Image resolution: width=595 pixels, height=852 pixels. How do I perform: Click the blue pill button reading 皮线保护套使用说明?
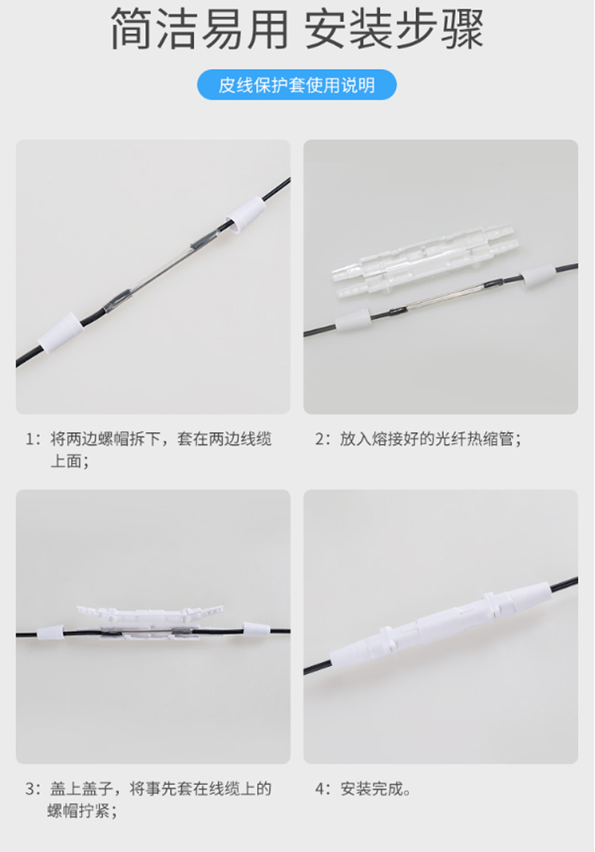point(297,85)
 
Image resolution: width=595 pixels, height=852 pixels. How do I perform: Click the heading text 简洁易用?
point(199,29)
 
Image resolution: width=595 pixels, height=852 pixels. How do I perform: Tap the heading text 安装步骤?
point(394,29)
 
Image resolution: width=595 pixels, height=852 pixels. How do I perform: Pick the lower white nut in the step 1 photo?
point(61,332)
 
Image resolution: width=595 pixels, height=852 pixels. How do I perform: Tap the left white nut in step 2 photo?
point(353,321)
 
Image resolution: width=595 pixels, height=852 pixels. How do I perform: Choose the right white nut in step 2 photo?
point(539,277)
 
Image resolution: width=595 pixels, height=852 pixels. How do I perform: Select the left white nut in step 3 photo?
point(50,632)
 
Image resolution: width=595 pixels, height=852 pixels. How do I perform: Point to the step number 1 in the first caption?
point(30,439)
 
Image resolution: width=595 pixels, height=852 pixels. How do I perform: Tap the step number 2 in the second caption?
point(320,439)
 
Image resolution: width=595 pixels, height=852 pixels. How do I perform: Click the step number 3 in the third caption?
point(30,788)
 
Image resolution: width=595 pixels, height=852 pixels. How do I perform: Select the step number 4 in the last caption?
point(320,788)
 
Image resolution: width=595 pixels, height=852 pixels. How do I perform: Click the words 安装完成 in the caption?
point(372,788)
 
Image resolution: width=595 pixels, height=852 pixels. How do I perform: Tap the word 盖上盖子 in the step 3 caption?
point(82,788)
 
